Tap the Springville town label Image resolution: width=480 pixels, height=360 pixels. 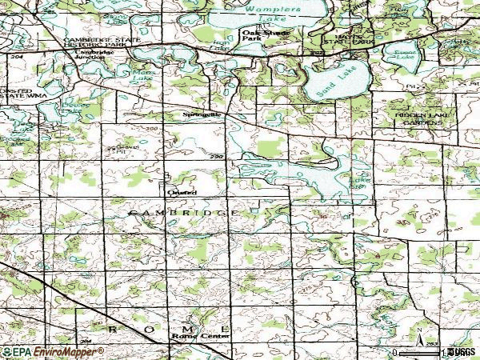click(198, 115)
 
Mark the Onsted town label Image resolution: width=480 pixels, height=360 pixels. click(177, 192)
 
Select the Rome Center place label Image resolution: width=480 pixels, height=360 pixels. click(189, 337)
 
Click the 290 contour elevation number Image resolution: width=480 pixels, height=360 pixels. click(215, 158)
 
